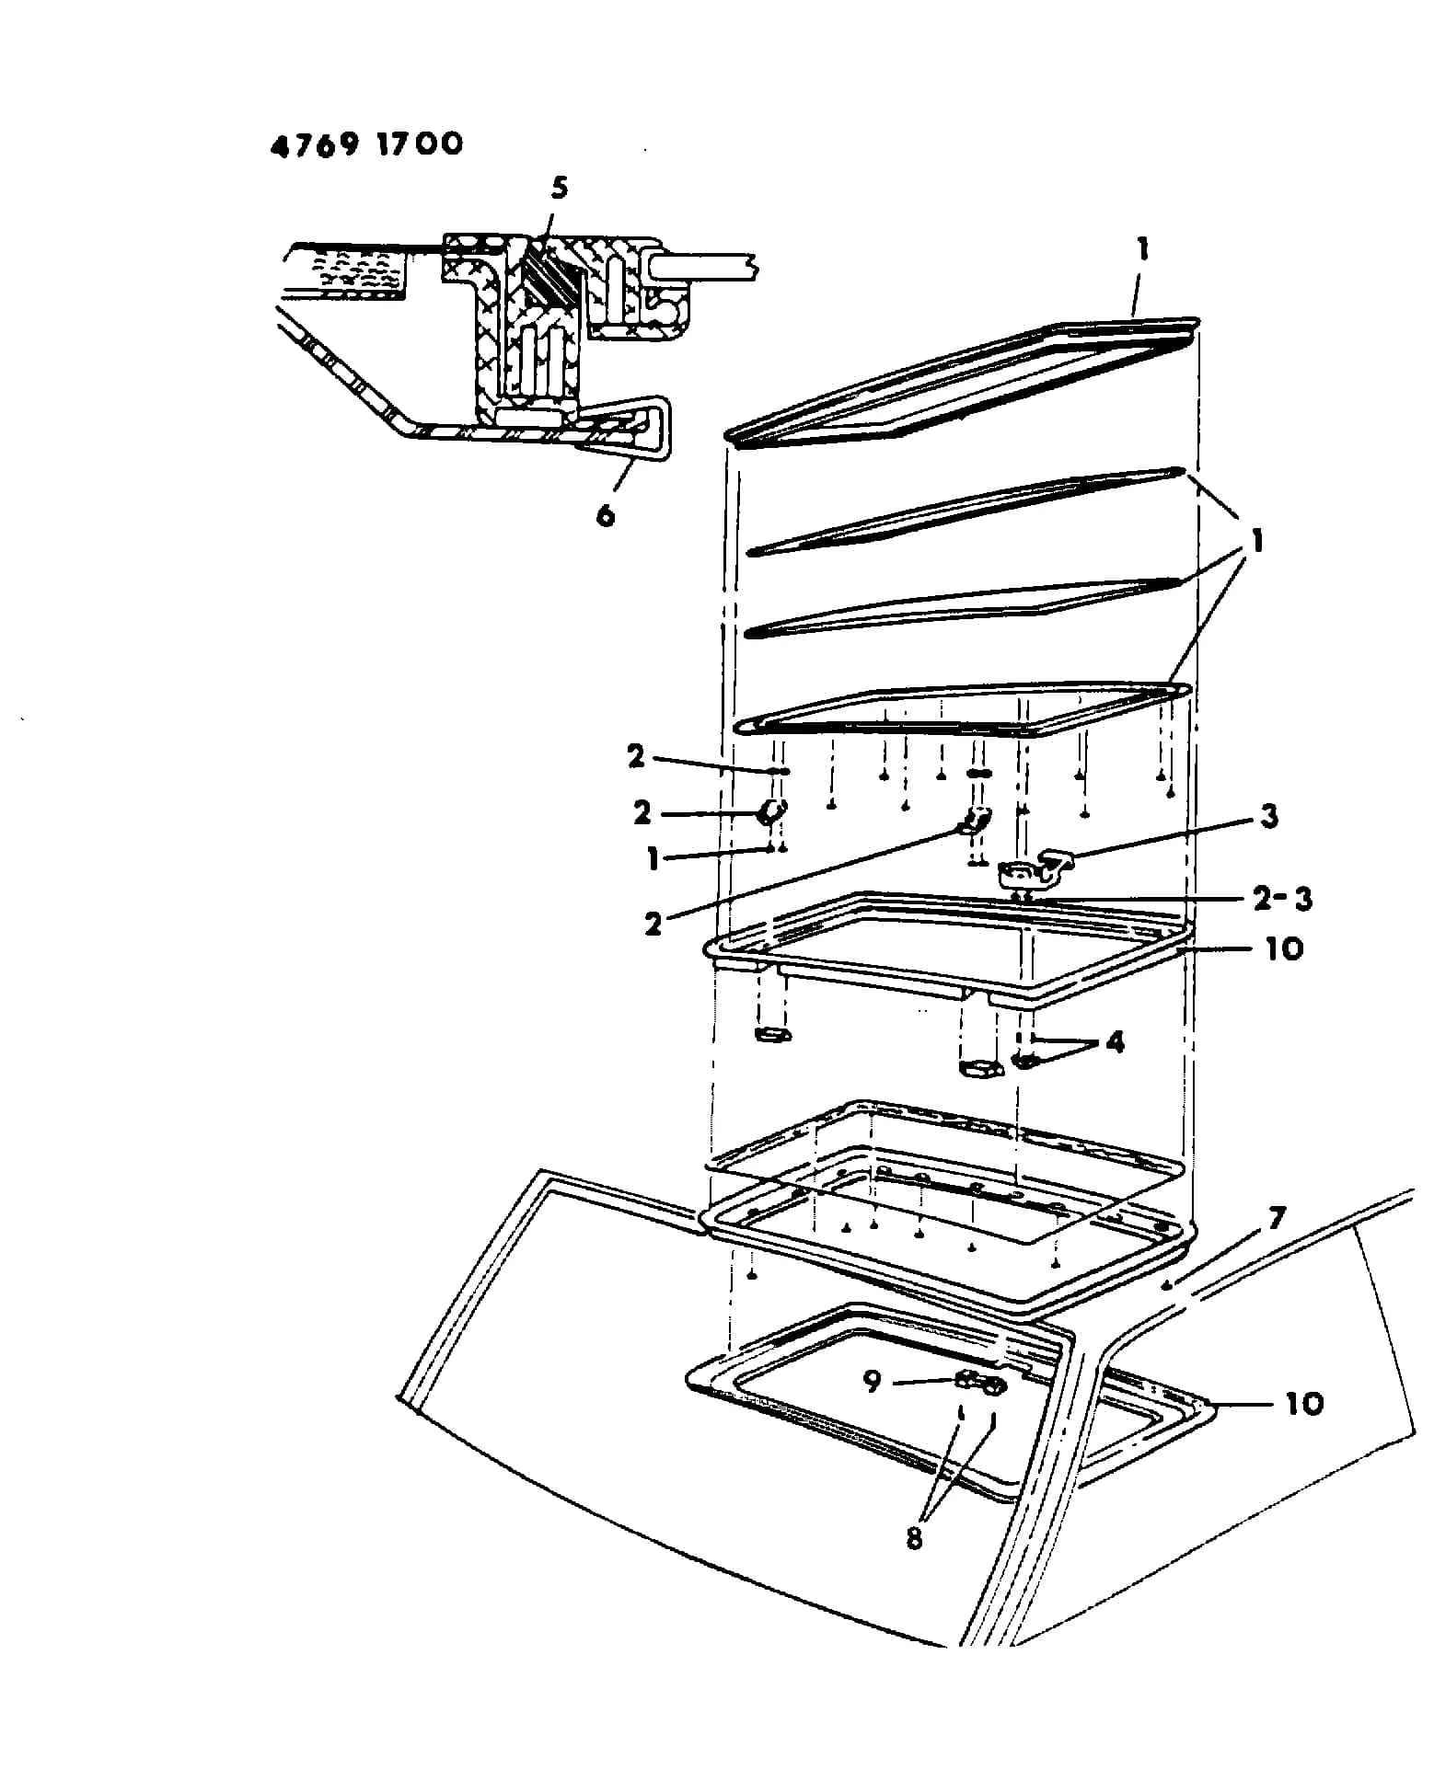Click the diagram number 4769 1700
pyautogui.click(x=366, y=144)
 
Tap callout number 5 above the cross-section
pyautogui.click(x=560, y=189)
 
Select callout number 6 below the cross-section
pyautogui.click(x=605, y=514)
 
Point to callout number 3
pyautogui.click(x=1270, y=816)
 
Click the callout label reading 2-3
pyautogui.click(x=1283, y=899)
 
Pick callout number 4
pyautogui.click(x=1115, y=1042)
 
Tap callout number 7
pyautogui.click(x=1276, y=1220)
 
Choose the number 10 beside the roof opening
pyautogui.click(x=1304, y=1403)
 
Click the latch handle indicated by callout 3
pyautogui.click(x=1036, y=868)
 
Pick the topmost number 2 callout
pyautogui.click(x=636, y=756)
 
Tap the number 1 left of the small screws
pyautogui.click(x=653, y=860)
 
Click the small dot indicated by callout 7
pyautogui.click(x=1167, y=1285)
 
